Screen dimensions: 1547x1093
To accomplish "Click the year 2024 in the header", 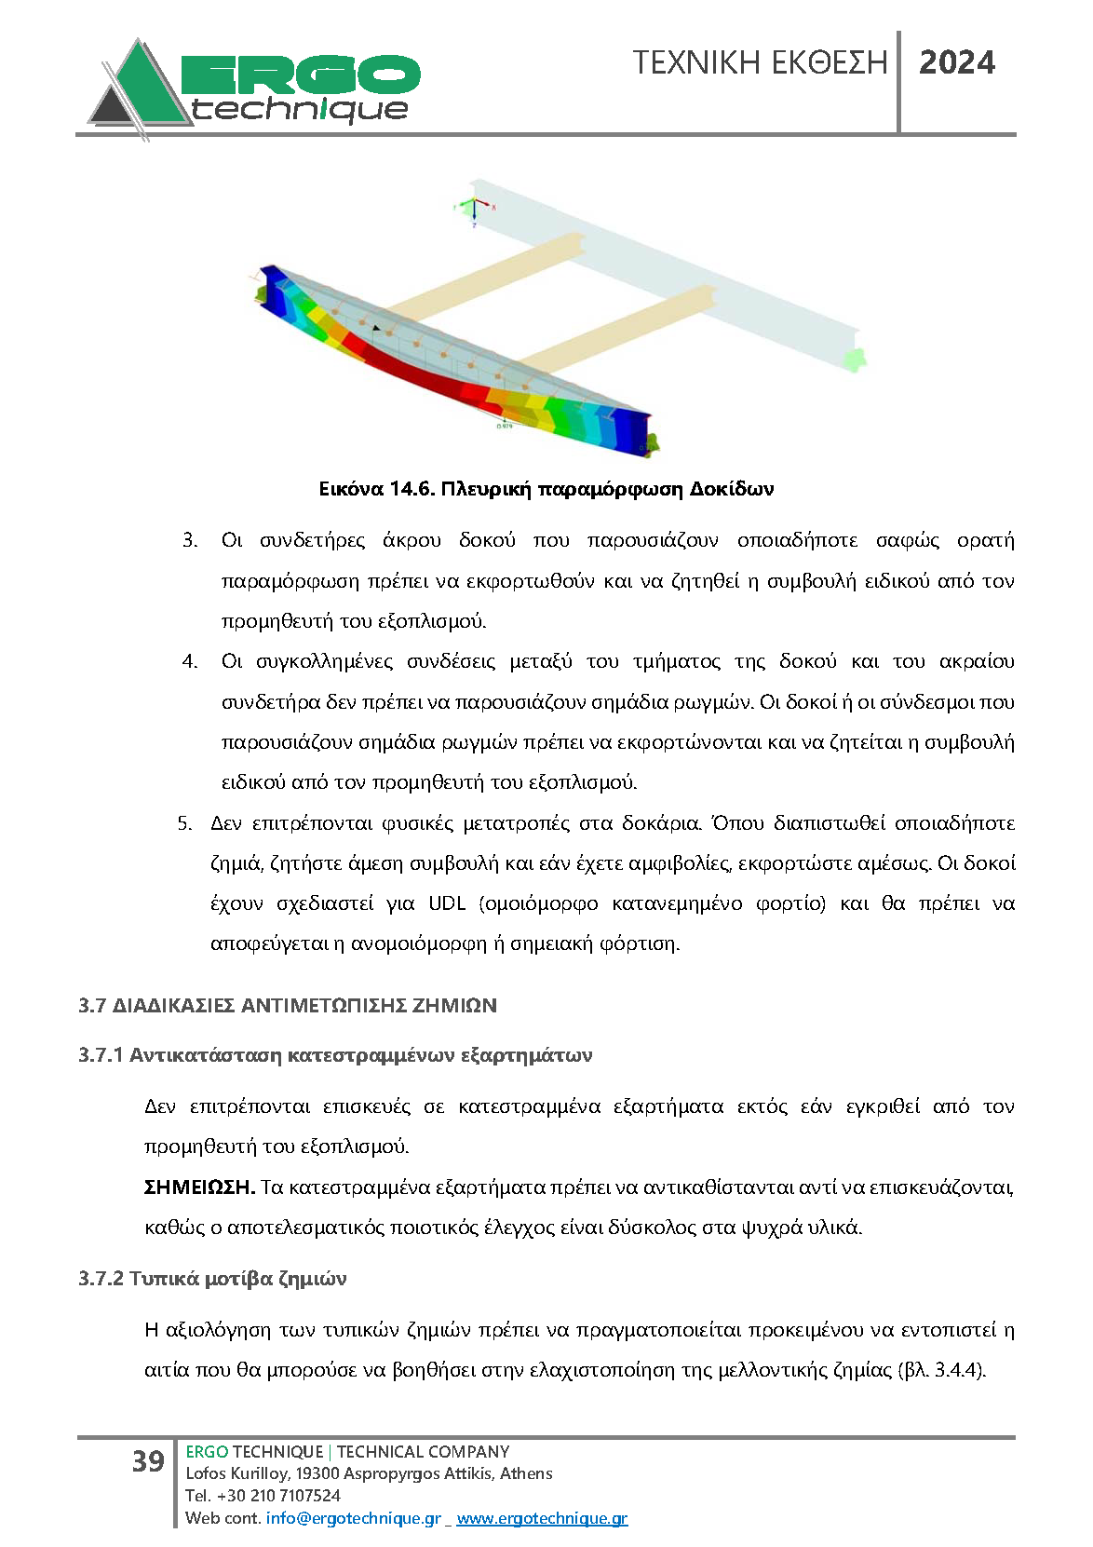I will point(956,62).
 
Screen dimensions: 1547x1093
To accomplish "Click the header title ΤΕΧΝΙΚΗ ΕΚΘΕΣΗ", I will point(760,62).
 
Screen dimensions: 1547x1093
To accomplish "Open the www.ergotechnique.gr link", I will point(542,1518).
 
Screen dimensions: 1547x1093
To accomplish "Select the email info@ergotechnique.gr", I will point(353,1518).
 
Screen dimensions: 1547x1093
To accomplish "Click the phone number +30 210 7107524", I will point(278,1496).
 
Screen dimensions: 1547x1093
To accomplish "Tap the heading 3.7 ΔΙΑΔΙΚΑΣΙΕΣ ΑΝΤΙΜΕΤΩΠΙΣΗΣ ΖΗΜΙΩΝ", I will point(288,1006).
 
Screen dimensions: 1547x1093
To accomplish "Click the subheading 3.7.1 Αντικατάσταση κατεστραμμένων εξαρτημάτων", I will point(335,1055).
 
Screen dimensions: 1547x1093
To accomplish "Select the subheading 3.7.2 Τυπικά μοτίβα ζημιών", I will point(212,1279).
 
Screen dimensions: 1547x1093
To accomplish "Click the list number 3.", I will point(190,541).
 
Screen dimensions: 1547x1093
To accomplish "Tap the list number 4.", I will point(190,662).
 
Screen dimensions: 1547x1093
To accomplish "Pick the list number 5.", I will point(184,823).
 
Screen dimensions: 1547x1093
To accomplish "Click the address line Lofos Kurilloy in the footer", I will point(369,1473).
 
